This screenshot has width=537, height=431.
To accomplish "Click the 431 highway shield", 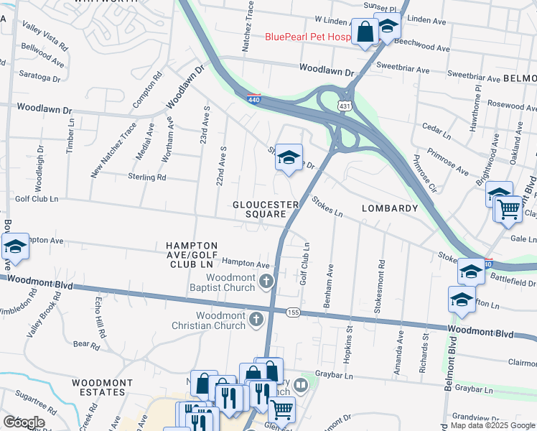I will [x=345, y=106].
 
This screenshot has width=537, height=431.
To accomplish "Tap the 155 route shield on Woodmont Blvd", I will [x=293, y=312].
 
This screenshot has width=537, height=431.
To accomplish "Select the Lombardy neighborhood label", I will [x=390, y=208].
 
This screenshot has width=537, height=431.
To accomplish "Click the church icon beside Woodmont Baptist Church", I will [x=267, y=280].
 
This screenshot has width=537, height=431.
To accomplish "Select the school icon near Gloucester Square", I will [x=288, y=158].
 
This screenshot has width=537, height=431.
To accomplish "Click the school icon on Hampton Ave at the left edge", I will [x=14, y=246].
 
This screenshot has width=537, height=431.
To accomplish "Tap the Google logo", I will [x=24, y=422].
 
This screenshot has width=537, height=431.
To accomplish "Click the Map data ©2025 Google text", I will [x=492, y=425].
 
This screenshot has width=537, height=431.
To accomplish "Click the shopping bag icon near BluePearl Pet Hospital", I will [x=365, y=31].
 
